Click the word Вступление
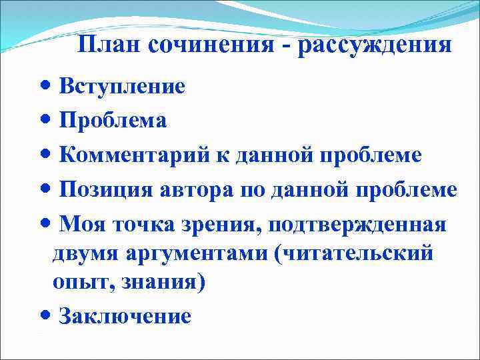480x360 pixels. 122,86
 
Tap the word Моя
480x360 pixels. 79,225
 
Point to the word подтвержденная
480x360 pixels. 357,225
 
